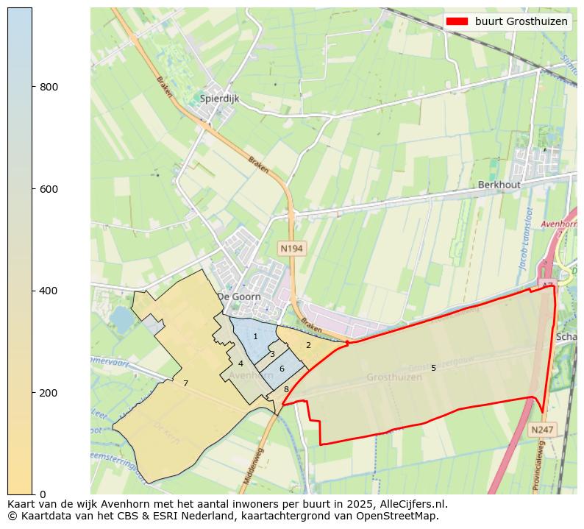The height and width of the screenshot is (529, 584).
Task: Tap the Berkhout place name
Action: click(x=499, y=185)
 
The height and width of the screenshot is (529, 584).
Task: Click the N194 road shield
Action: click(x=291, y=249)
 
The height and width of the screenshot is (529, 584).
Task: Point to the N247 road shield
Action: click(x=541, y=429)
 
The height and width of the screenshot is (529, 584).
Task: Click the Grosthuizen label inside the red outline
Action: click(x=394, y=377)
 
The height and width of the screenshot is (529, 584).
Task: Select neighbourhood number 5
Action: click(x=433, y=368)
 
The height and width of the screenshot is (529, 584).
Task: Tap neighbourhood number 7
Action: click(x=185, y=383)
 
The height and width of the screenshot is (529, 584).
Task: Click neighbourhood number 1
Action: click(x=255, y=336)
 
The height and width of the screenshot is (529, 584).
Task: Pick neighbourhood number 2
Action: click(x=308, y=345)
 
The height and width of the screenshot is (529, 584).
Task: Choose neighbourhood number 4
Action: click(x=241, y=363)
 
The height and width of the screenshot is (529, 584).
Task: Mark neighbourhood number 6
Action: click(x=282, y=368)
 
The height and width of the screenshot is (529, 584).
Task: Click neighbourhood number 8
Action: click(x=286, y=389)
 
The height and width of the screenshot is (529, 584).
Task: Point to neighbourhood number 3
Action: click(x=272, y=354)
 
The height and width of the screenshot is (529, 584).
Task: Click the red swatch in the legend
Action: click(x=457, y=22)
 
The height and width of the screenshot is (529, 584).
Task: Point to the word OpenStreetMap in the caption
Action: click(x=402, y=516)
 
